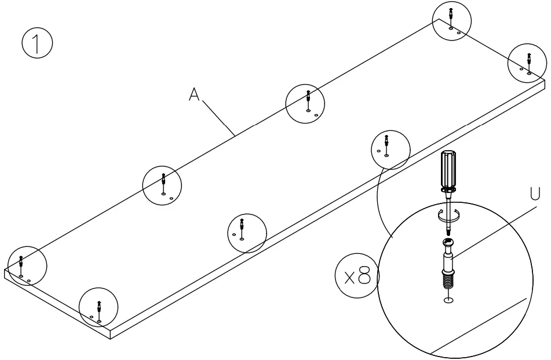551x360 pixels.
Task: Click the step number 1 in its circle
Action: (37, 44)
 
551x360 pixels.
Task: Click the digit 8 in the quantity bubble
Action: (363, 276)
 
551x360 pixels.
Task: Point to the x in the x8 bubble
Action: (348, 277)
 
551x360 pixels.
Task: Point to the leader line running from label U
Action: (492, 229)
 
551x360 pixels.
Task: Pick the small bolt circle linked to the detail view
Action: (390, 150)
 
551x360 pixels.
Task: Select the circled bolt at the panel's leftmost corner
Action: (25, 266)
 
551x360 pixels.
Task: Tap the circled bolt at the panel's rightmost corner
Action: (527, 63)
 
